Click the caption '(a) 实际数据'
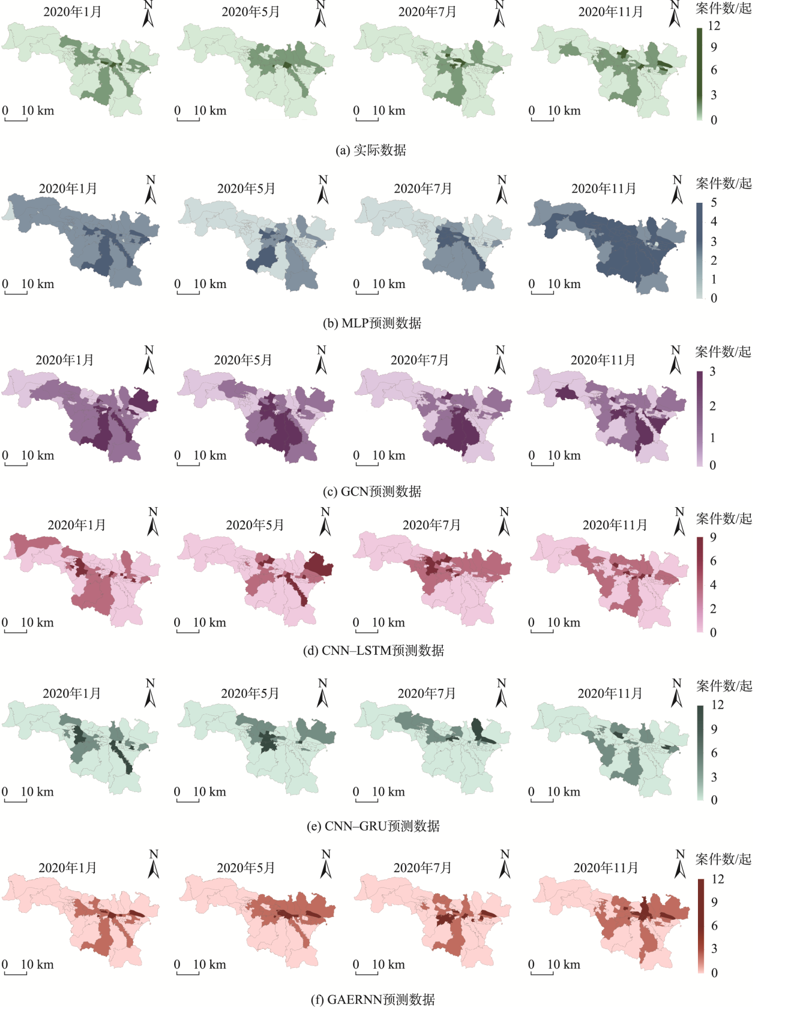pyautogui.click(x=371, y=150)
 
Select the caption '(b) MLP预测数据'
pyautogui.click(x=372, y=323)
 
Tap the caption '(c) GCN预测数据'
pyautogui.click(x=372, y=491)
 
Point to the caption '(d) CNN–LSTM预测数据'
pyautogui.click(x=373, y=651)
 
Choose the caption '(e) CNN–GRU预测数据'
pyautogui.click(x=373, y=826)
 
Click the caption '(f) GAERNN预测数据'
pyautogui.click(x=373, y=1000)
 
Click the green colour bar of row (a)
pyautogui.click(x=700, y=73)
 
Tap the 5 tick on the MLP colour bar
pyautogui.click(x=714, y=203)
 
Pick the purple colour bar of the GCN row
pyautogui.click(x=700, y=418)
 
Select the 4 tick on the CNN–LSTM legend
pyautogui.click(x=713, y=585)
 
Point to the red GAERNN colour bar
pyautogui.click(x=701, y=926)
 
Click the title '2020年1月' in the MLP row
pyautogui.click(x=68, y=188)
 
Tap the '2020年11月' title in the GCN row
pyautogui.click(x=603, y=360)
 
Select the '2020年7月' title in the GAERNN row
pyautogui.click(x=422, y=868)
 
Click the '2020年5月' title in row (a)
pyautogui.click(x=251, y=12)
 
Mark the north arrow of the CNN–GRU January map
pyautogui.click(x=150, y=694)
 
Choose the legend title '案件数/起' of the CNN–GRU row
pyautogui.click(x=724, y=686)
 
